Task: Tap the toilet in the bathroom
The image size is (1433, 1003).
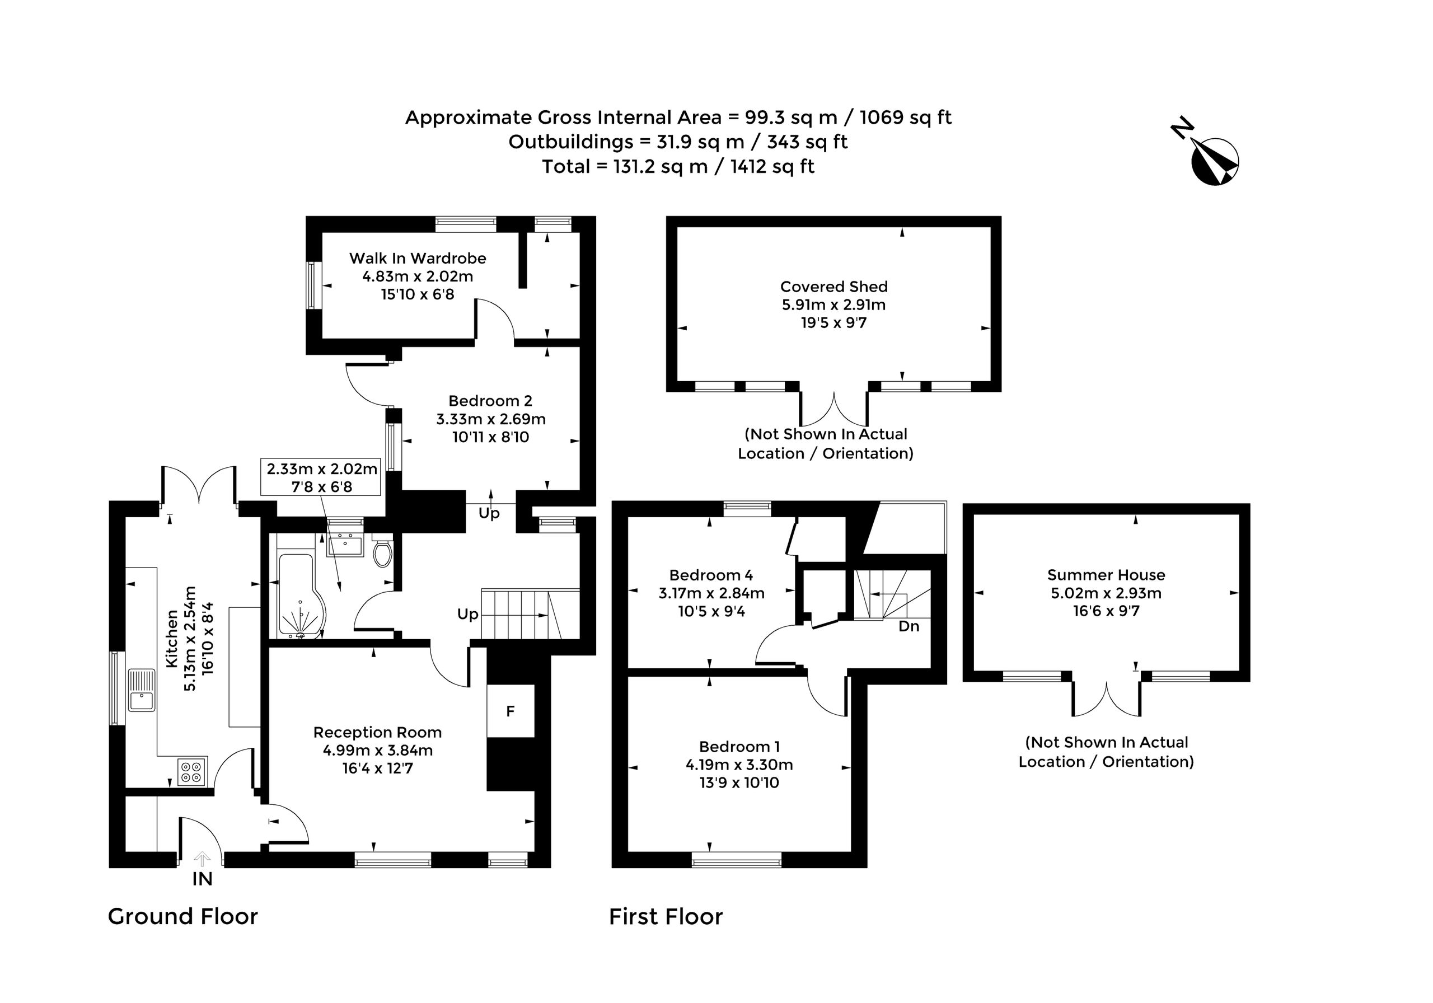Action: tap(382, 549)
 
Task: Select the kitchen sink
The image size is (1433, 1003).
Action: tap(142, 690)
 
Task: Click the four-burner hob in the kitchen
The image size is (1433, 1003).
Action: tap(191, 771)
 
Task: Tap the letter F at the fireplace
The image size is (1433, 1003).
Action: tap(511, 711)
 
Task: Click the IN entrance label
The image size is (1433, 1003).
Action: tap(202, 879)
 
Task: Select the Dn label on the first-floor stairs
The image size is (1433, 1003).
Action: tap(908, 626)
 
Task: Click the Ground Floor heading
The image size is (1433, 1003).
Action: tap(183, 916)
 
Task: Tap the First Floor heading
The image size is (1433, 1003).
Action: tap(666, 916)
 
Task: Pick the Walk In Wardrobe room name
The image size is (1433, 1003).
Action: tap(418, 258)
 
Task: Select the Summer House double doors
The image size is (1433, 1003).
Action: tap(1107, 699)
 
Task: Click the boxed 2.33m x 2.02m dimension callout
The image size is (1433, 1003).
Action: tap(321, 477)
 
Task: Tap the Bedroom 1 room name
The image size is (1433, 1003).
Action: tap(739, 747)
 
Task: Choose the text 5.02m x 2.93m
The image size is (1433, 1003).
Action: tap(1106, 593)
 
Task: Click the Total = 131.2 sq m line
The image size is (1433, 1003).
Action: tap(678, 167)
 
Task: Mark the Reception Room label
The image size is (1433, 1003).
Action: tap(378, 732)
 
